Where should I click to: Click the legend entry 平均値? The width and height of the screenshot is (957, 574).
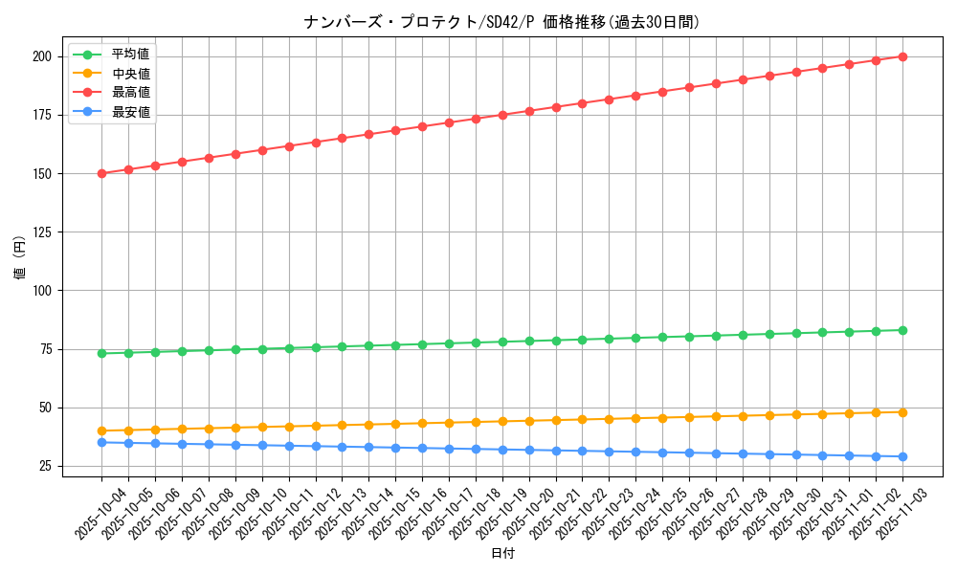click(x=130, y=54)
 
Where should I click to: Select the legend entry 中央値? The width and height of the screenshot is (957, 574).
click(x=130, y=74)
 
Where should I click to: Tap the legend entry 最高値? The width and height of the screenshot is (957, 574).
click(x=130, y=93)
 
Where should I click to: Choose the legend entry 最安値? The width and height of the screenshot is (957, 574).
click(x=130, y=112)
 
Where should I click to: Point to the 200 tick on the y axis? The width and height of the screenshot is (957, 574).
click(x=41, y=56)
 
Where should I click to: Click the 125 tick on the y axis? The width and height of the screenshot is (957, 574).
click(x=41, y=232)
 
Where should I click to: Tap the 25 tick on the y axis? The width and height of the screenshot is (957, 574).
click(x=44, y=466)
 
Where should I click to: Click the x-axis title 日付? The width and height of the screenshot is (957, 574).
click(x=502, y=554)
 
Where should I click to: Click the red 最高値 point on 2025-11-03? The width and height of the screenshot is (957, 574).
click(x=902, y=56)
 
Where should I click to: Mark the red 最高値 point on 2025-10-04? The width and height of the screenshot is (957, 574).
click(x=101, y=173)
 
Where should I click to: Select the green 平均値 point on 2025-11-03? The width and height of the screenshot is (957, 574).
click(x=902, y=330)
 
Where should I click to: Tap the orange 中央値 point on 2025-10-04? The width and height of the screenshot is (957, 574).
click(x=101, y=430)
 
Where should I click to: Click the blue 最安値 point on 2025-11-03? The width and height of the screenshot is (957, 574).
click(x=902, y=456)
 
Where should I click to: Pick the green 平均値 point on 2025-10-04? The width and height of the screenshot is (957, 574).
click(x=101, y=353)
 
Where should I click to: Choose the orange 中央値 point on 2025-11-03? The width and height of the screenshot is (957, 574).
click(x=902, y=412)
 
